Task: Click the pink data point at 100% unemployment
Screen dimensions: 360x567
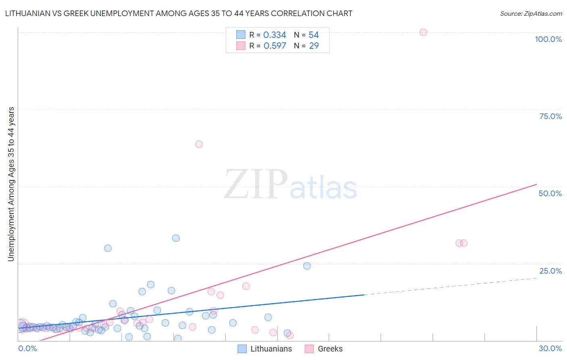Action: [423, 32]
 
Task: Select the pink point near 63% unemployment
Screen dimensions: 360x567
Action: [199, 144]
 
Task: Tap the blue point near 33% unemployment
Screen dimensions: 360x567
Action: [176, 238]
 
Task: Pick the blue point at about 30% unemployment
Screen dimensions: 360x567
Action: [108, 248]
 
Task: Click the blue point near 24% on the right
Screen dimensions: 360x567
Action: [307, 266]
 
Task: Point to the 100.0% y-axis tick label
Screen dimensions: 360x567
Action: [548, 39]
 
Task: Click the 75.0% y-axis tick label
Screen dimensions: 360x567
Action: [550, 116]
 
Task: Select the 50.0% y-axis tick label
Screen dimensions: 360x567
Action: [550, 193]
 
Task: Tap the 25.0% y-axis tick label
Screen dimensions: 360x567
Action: [550, 271]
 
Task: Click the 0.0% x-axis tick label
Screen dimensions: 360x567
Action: [27, 348]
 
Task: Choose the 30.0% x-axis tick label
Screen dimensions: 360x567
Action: [550, 348]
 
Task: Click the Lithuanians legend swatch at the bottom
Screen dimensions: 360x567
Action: [242, 349]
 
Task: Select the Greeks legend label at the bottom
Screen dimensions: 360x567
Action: [330, 349]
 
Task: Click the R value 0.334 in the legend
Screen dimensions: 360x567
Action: [275, 35]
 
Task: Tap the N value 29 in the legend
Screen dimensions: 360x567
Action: [314, 46]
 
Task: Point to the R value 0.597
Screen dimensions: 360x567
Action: [275, 46]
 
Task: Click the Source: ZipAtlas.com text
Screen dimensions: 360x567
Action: [531, 14]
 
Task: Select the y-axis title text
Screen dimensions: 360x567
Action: [11, 184]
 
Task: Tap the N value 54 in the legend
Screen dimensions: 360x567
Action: [314, 35]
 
